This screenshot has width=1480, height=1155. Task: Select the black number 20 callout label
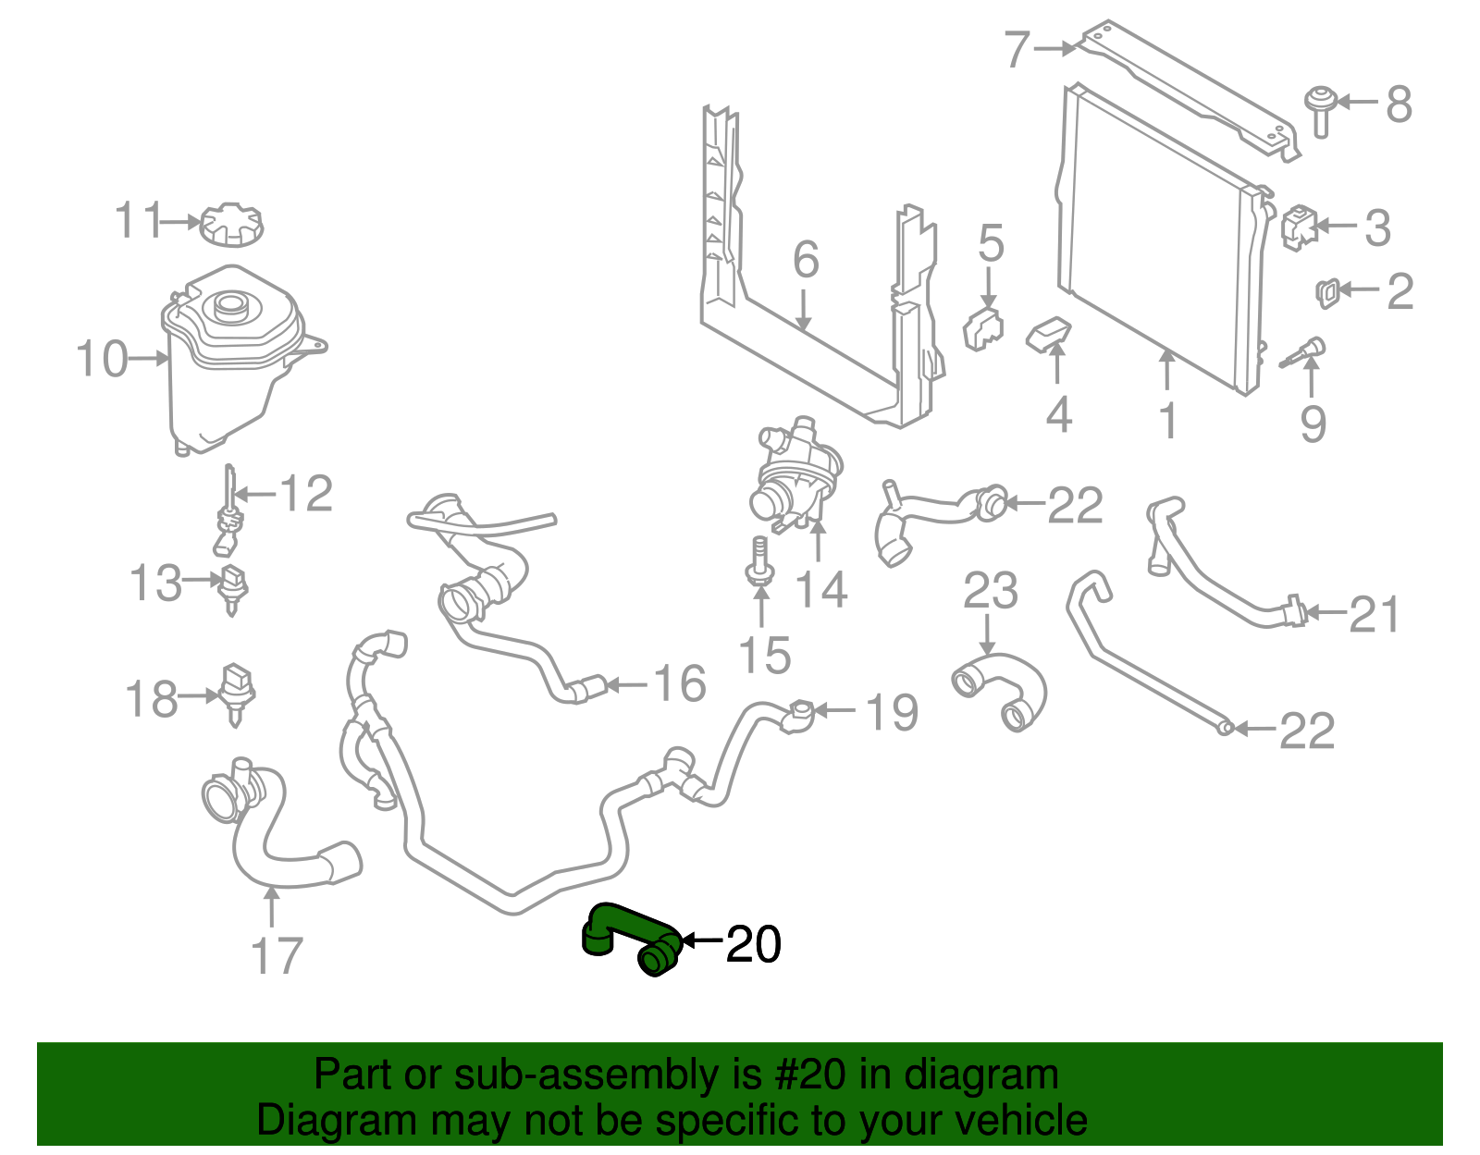pos(754,944)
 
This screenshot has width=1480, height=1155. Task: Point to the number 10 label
pos(102,359)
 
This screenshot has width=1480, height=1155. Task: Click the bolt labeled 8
pos(1320,108)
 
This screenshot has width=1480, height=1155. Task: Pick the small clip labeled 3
pos(1299,227)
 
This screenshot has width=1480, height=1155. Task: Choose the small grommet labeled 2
pos(1326,292)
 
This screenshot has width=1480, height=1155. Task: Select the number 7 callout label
pos(1017,49)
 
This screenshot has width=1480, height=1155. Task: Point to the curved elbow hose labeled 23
pos(1002,689)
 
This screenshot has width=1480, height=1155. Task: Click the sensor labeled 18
pos(237,692)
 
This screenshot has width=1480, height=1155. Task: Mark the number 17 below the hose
pos(277,955)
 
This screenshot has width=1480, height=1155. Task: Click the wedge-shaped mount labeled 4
pos(1049,335)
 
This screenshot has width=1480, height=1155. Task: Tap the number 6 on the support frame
pos(806,260)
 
